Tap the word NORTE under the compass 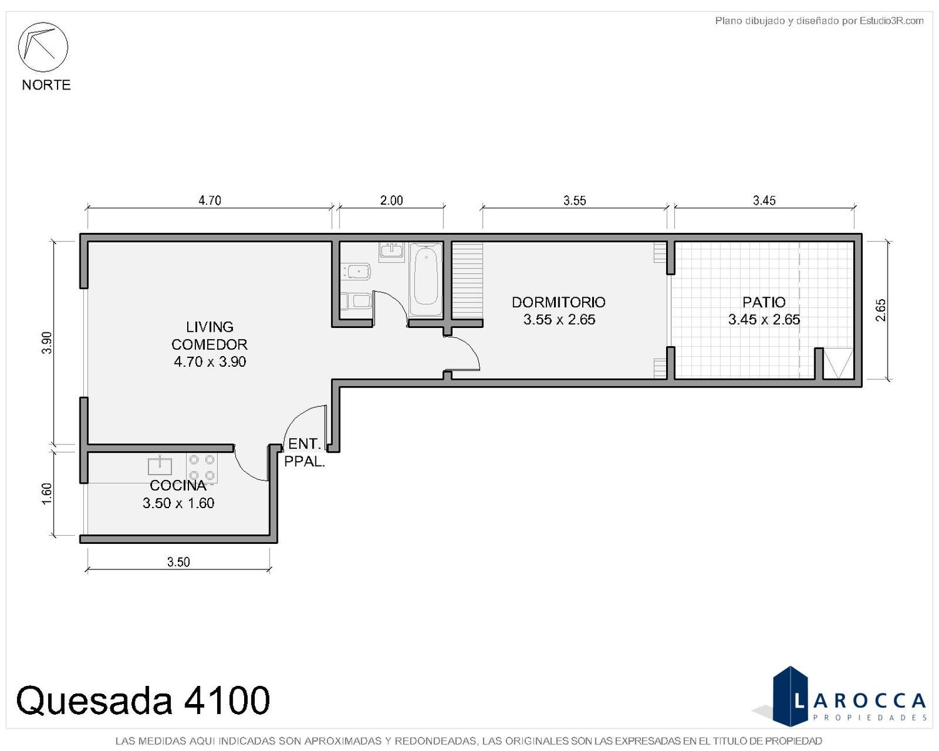[46, 85]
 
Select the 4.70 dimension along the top [210, 200]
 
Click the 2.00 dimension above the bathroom [391, 200]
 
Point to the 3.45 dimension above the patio [764, 200]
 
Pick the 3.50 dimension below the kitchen [178, 561]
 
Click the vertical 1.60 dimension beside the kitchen [47, 494]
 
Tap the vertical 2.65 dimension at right [881, 310]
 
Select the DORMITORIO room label [558, 302]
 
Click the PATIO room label [764, 302]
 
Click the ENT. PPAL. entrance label [305, 453]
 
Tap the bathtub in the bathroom [426, 279]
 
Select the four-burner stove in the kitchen [202, 467]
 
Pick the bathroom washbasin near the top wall [392, 252]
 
